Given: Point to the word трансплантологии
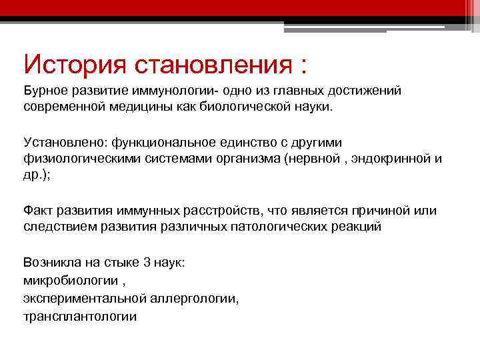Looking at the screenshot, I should point(80,317).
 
